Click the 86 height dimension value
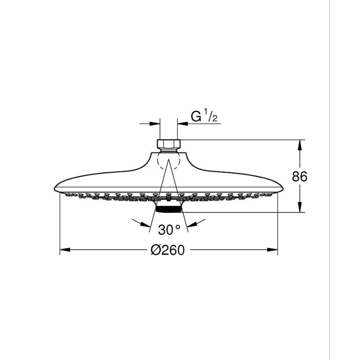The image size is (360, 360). pos(299,176)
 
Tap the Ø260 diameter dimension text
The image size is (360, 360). pos(167,250)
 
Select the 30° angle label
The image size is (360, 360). pos(170,229)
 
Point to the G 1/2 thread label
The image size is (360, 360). pos(204,117)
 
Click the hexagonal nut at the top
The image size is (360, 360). pos(169,144)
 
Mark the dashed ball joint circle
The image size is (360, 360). pos(168,161)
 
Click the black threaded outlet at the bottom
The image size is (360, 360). pos(169,209)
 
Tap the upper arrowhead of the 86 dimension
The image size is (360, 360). pos(299,145)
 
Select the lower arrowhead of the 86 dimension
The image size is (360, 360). pos(299,207)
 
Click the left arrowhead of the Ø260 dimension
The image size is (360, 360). pos(65,250)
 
